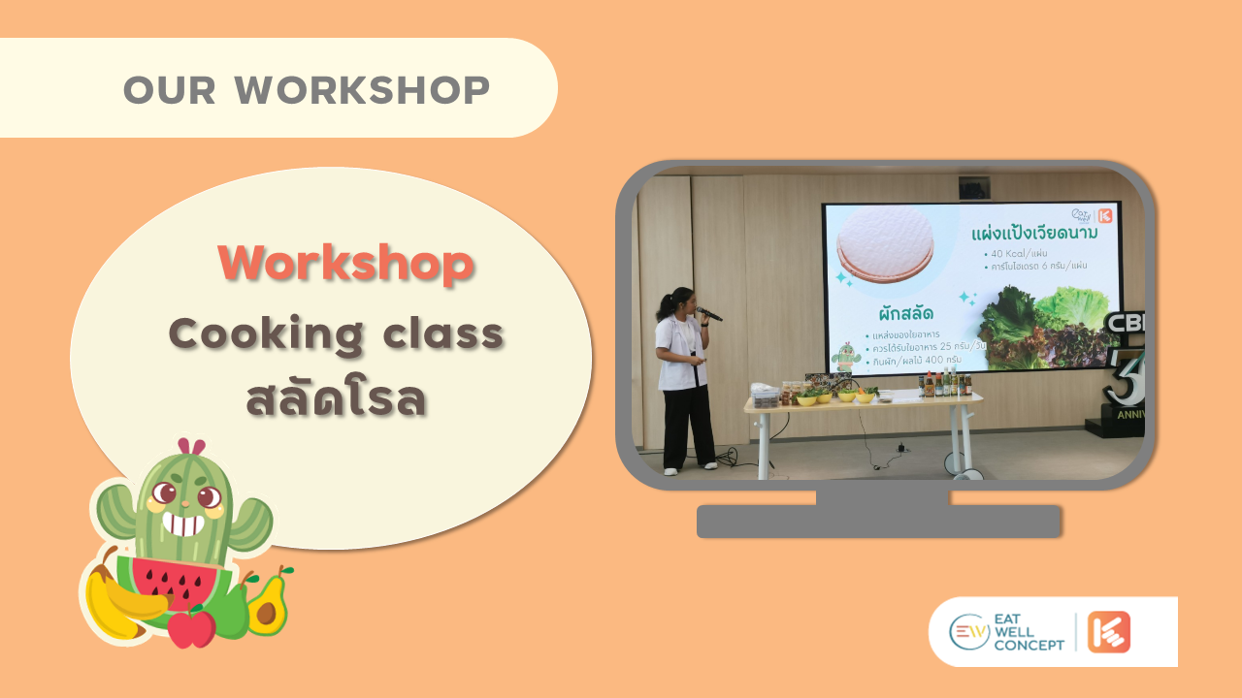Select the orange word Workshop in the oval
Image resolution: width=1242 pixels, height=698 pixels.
click(345, 263)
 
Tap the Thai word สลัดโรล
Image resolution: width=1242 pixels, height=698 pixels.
click(337, 398)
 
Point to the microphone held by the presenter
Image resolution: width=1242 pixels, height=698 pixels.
click(709, 313)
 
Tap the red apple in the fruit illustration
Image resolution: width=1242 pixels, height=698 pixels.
click(191, 627)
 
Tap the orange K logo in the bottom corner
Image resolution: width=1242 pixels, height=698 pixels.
click(1108, 632)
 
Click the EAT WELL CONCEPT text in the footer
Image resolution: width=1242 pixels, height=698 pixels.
click(1029, 632)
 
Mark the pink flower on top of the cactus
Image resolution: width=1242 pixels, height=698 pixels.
click(190, 448)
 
